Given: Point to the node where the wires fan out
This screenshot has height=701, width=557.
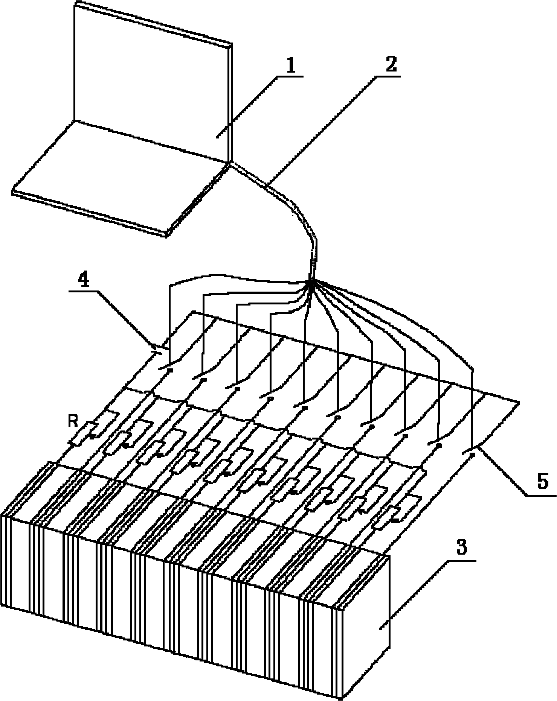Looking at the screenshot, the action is (311, 281).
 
